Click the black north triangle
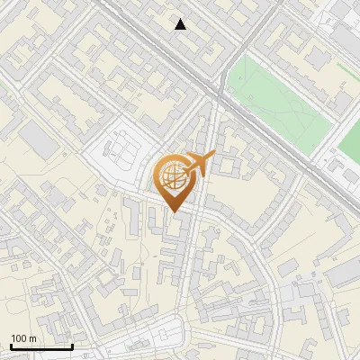coord(181,24)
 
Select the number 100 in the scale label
coord(19,338)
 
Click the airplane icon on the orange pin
coord(198,164)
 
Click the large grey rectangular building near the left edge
coord(37,138)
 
